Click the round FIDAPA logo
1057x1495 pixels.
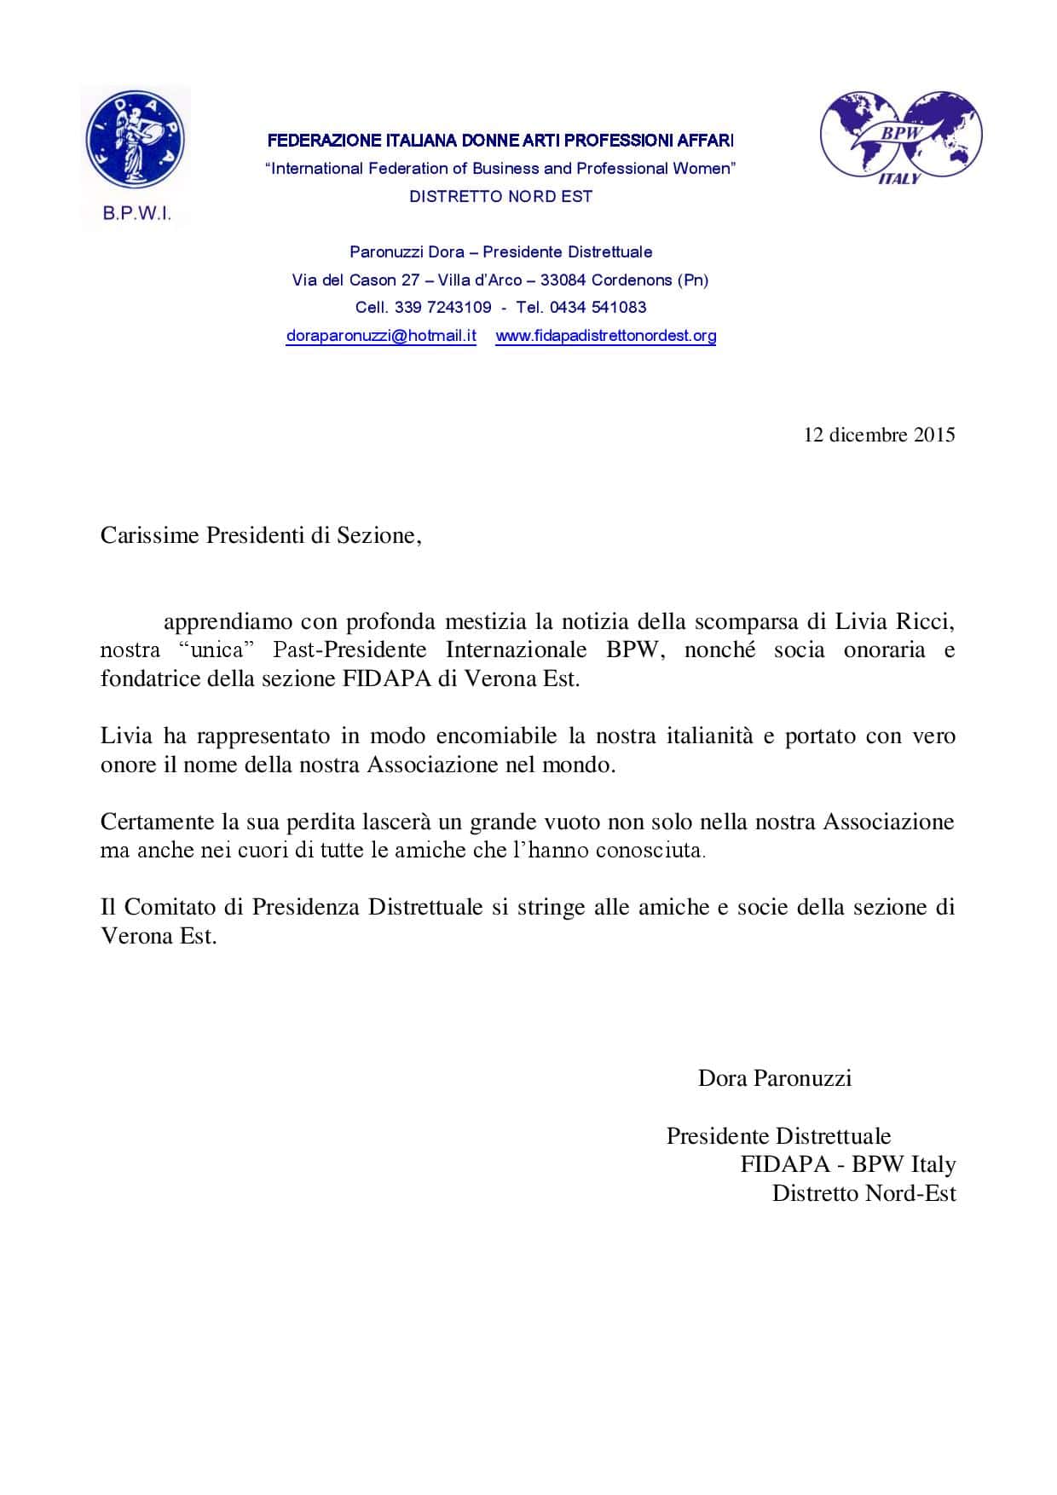(136, 140)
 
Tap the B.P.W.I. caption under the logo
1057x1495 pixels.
(136, 214)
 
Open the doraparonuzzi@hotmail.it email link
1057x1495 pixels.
(381, 336)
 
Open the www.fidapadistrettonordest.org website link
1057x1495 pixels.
(605, 336)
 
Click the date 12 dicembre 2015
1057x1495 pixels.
(879, 435)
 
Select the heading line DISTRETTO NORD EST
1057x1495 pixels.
(500, 197)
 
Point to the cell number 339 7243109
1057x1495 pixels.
(442, 308)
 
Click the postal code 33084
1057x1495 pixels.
(563, 280)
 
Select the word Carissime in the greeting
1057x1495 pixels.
(150, 535)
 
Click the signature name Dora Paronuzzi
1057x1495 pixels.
(774, 1079)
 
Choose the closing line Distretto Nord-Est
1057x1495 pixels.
(864, 1193)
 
